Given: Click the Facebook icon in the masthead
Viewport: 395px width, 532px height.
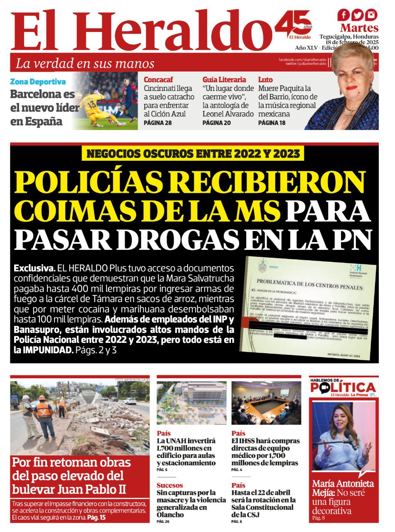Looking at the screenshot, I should pos(344,15).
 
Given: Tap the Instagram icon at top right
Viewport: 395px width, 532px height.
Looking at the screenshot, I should pos(371,15).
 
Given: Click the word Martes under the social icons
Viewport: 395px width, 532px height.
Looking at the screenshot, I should pos(359,28).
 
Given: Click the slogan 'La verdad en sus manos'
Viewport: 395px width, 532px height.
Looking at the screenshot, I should pos(85,64).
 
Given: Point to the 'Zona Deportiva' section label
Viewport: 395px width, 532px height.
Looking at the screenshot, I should pos(38,82).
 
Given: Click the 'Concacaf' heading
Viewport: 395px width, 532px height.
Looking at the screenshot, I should pos(158,79).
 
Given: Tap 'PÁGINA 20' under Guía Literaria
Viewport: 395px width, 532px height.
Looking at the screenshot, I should pos(216,123).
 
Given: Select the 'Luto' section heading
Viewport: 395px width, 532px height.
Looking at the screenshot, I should pos(266,79).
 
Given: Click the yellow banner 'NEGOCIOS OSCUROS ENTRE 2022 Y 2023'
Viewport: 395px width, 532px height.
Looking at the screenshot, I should pos(193,153).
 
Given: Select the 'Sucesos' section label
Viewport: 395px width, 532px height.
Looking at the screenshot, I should pos(170,485).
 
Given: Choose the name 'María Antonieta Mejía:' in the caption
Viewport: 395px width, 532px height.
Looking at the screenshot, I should pos(342,488).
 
